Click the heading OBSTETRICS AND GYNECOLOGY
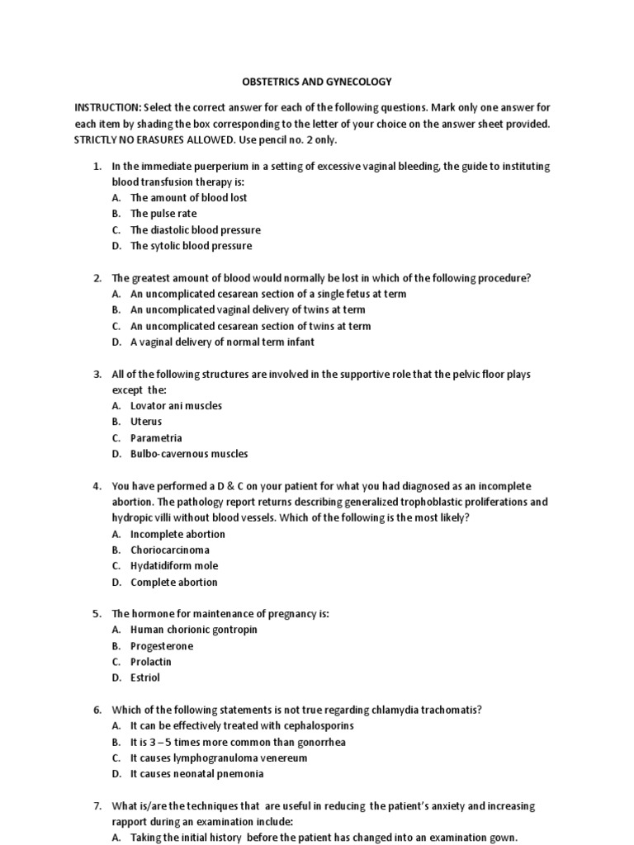316,82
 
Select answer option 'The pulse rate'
163,214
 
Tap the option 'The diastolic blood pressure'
195,230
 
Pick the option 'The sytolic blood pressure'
191,246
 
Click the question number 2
97,278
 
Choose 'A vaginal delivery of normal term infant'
222,342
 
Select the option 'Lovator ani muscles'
176,406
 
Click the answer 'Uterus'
146,422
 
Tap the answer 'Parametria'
156,438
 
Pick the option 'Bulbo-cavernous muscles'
189,454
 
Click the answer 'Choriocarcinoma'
170,550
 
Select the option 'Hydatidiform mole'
174,566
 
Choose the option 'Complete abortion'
174,583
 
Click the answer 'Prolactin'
151,662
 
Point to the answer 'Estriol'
145,678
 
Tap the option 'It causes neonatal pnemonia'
197,774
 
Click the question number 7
97,806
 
